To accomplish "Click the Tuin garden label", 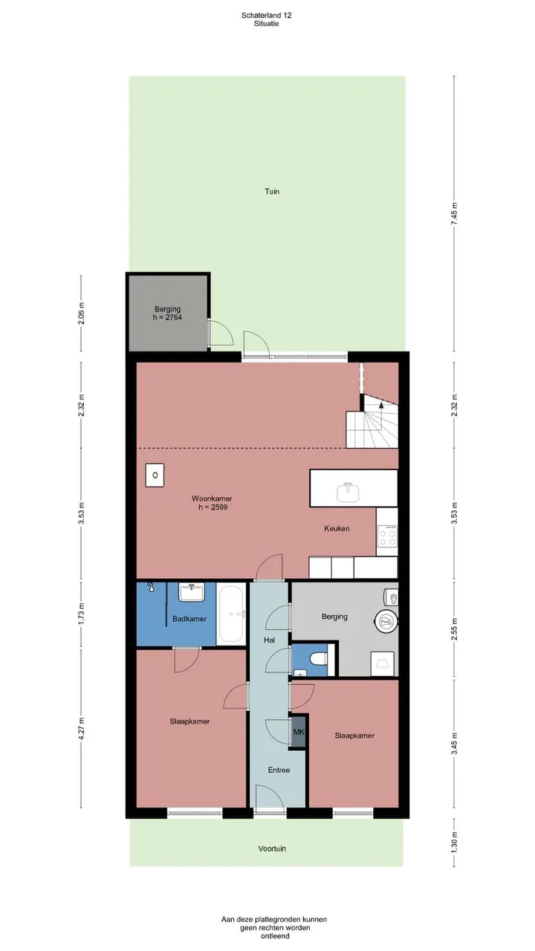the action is click(x=272, y=192).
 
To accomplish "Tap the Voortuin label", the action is click(x=272, y=848).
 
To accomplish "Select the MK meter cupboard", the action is click(x=299, y=732).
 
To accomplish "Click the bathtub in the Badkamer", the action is click(x=231, y=614).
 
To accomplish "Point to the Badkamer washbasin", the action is click(x=192, y=592).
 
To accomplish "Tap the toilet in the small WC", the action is click(x=319, y=659).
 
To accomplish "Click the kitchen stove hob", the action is click(x=388, y=536).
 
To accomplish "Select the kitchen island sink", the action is click(x=348, y=492).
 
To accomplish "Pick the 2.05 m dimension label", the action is click(x=81, y=314).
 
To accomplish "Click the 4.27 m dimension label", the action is click(x=81, y=728).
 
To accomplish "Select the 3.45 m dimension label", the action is click(x=454, y=743).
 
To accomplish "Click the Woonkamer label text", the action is click(x=212, y=499).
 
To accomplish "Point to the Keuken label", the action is click(x=337, y=528).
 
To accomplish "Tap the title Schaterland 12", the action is click(x=267, y=16).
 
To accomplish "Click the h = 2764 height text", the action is click(x=167, y=317).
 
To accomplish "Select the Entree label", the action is click(x=279, y=770).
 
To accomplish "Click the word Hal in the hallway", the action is click(x=269, y=640).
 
